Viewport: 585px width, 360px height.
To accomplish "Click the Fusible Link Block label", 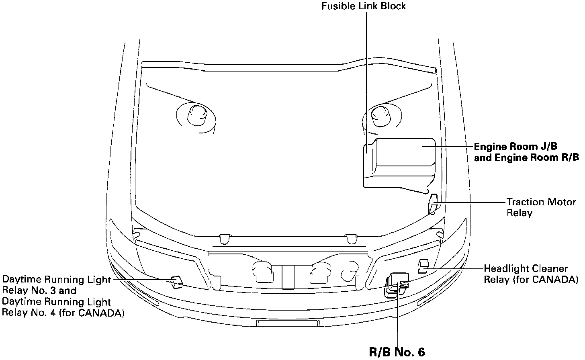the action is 364,6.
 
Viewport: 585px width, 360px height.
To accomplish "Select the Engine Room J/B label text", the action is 515,147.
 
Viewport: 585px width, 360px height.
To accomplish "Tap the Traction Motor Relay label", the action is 541,207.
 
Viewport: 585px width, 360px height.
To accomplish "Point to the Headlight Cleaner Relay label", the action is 531,274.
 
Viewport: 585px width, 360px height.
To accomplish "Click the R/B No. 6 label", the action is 397,352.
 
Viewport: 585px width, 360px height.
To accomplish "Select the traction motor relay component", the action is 433,204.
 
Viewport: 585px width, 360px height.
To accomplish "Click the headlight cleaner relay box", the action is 423,266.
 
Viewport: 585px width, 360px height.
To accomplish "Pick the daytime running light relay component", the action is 176,282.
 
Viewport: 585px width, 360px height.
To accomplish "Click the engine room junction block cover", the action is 399,165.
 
